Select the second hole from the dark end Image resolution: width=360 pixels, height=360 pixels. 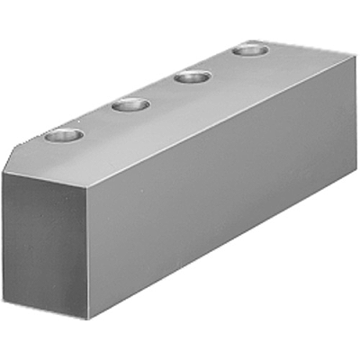coord(130,105)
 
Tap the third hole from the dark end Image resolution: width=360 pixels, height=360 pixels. coord(192,76)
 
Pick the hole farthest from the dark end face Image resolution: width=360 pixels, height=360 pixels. coord(248,49)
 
